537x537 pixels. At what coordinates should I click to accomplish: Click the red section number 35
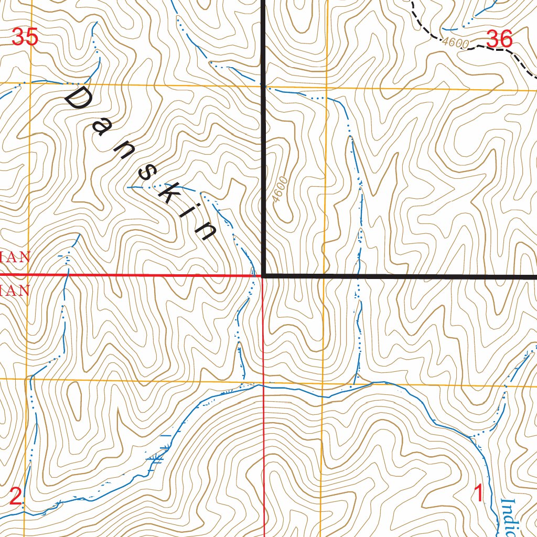point(25,38)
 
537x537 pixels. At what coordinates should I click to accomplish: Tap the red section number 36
point(499,38)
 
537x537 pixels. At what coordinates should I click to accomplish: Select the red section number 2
point(16,496)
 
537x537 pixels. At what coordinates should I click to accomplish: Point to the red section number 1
point(478,493)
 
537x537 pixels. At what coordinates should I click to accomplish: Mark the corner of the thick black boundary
point(263,275)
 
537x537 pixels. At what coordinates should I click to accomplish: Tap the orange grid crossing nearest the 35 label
point(30,83)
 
